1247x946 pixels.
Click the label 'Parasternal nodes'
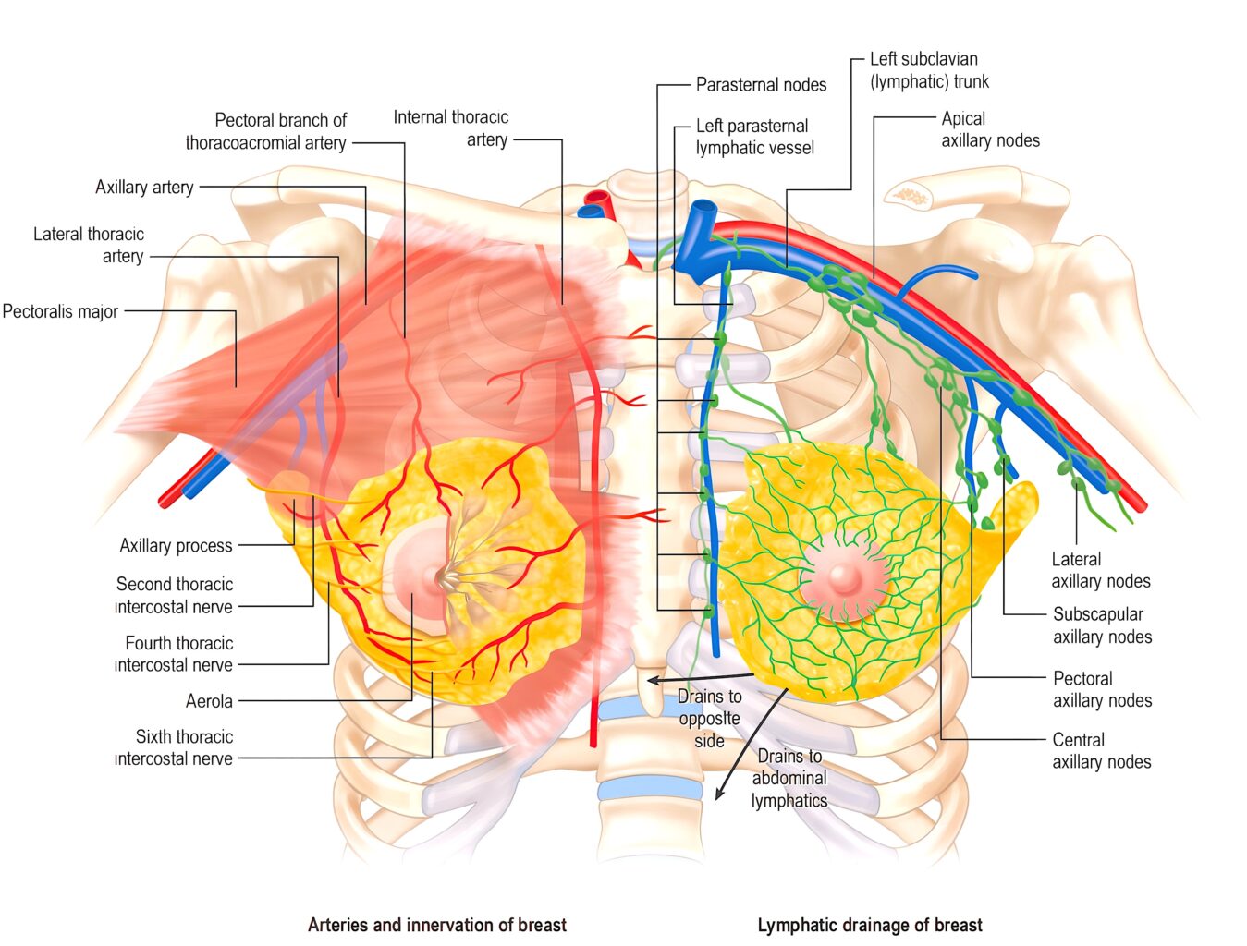point(761,85)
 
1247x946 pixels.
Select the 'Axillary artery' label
point(144,187)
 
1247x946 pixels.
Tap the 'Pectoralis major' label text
point(60,311)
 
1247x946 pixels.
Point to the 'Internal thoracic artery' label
point(450,128)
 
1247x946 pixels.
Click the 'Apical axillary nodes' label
point(990,129)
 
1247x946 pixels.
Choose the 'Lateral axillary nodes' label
point(1100,570)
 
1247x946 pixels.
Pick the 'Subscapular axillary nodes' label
point(1102,625)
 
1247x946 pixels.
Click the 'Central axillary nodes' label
point(1102,750)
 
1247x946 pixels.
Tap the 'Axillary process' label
point(177,545)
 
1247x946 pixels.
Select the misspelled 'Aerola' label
point(209,701)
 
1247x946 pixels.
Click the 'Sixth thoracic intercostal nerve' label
point(174,747)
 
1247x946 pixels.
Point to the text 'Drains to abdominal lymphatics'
point(789,778)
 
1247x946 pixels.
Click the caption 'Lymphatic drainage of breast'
point(870,925)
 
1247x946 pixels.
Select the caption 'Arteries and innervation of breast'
point(437,925)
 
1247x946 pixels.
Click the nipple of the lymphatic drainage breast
point(843,577)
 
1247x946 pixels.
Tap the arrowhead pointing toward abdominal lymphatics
point(718,794)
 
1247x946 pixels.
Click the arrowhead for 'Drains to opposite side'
point(654,680)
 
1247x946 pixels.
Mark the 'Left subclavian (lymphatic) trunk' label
point(929,70)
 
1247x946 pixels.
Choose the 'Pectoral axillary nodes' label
point(1102,689)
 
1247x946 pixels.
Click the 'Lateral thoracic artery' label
point(89,245)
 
